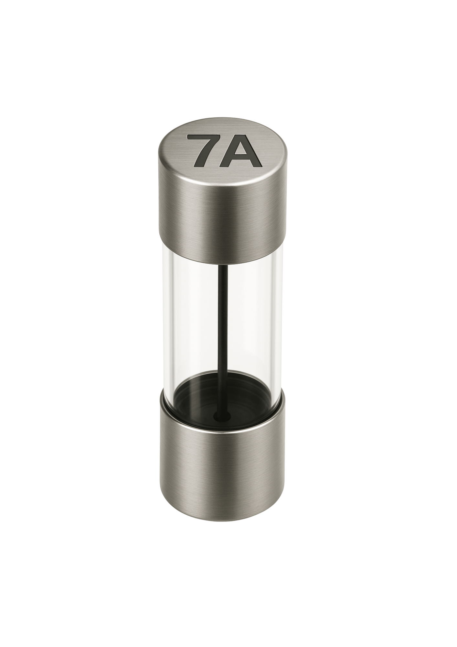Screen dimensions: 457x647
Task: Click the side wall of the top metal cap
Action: click(x=222, y=217)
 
